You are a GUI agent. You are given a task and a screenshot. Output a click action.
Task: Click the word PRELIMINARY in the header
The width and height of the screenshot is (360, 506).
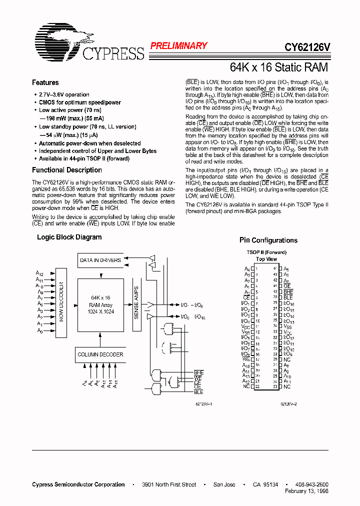tap(178, 46)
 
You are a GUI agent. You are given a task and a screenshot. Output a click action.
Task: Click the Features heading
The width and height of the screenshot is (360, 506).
tap(45, 83)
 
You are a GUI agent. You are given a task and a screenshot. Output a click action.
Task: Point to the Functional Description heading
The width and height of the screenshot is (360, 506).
tap(66, 170)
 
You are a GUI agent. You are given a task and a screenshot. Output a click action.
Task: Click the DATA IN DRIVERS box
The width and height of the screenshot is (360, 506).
tap(100, 260)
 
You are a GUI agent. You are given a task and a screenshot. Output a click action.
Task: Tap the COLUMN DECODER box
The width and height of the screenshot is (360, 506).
tap(100, 354)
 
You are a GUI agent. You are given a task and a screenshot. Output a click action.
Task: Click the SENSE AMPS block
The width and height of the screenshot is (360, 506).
tap(136, 302)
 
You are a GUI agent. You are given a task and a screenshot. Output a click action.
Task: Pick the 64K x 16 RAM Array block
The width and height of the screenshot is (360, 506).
tap(100, 305)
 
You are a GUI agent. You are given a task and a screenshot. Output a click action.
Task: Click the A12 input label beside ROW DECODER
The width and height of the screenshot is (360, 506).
tap(39, 273)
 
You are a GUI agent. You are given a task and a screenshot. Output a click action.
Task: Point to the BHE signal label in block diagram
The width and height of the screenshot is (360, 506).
tap(198, 373)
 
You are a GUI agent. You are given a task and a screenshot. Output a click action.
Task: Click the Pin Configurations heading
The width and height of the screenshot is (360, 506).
tap(268, 240)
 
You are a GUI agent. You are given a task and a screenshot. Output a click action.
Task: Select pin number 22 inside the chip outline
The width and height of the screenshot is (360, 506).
tap(257, 387)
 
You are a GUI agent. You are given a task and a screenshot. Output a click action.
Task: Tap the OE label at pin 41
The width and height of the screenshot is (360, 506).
tap(287, 286)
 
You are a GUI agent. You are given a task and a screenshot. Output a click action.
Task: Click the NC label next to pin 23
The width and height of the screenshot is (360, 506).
tap(287, 387)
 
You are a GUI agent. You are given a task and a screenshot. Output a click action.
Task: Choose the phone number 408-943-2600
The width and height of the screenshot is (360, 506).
tap(311, 484)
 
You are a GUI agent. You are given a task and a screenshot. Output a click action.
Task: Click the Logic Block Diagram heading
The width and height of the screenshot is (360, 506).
tap(69, 237)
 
